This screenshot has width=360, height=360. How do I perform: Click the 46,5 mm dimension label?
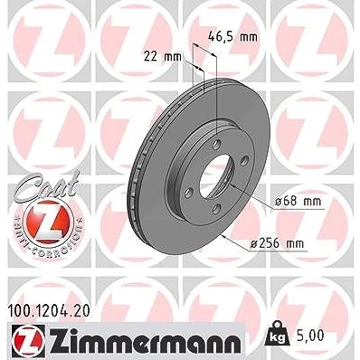(x=232, y=37)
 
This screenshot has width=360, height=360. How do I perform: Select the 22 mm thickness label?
(x=163, y=56)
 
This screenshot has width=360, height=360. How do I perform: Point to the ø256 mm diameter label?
(x=277, y=243)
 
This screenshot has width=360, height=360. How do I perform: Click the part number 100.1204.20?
(x=48, y=311)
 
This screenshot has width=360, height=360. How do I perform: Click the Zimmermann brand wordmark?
(x=146, y=342)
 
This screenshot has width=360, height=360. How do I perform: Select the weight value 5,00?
(x=310, y=336)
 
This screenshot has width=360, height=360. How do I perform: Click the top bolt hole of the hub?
(x=216, y=144)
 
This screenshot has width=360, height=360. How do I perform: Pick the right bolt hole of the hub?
(x=244, y=161)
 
